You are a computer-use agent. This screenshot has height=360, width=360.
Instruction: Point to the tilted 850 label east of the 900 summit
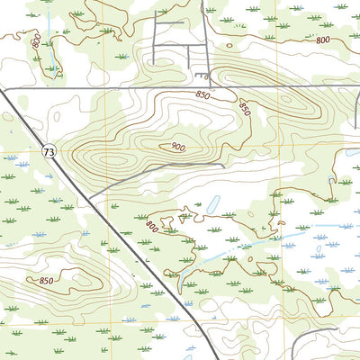point(244,106)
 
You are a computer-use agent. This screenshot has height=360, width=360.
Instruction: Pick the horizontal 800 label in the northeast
point(322,40)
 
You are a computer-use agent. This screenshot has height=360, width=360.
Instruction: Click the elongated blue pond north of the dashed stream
point(214,206)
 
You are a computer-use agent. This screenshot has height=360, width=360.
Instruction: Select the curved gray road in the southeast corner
point(315,337)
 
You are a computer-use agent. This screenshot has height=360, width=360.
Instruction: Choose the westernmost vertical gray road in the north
point(155,40)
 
